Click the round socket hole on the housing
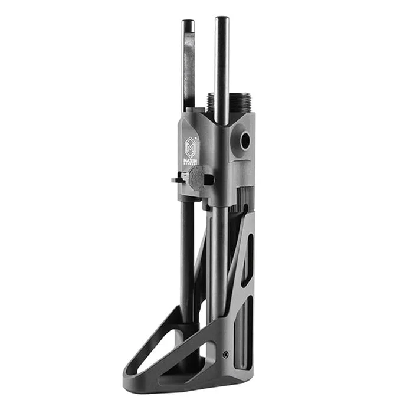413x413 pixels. [244, 140]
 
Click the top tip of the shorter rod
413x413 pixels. [188, 23]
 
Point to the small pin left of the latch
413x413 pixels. [176, 179]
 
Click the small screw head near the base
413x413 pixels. [226, 355]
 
